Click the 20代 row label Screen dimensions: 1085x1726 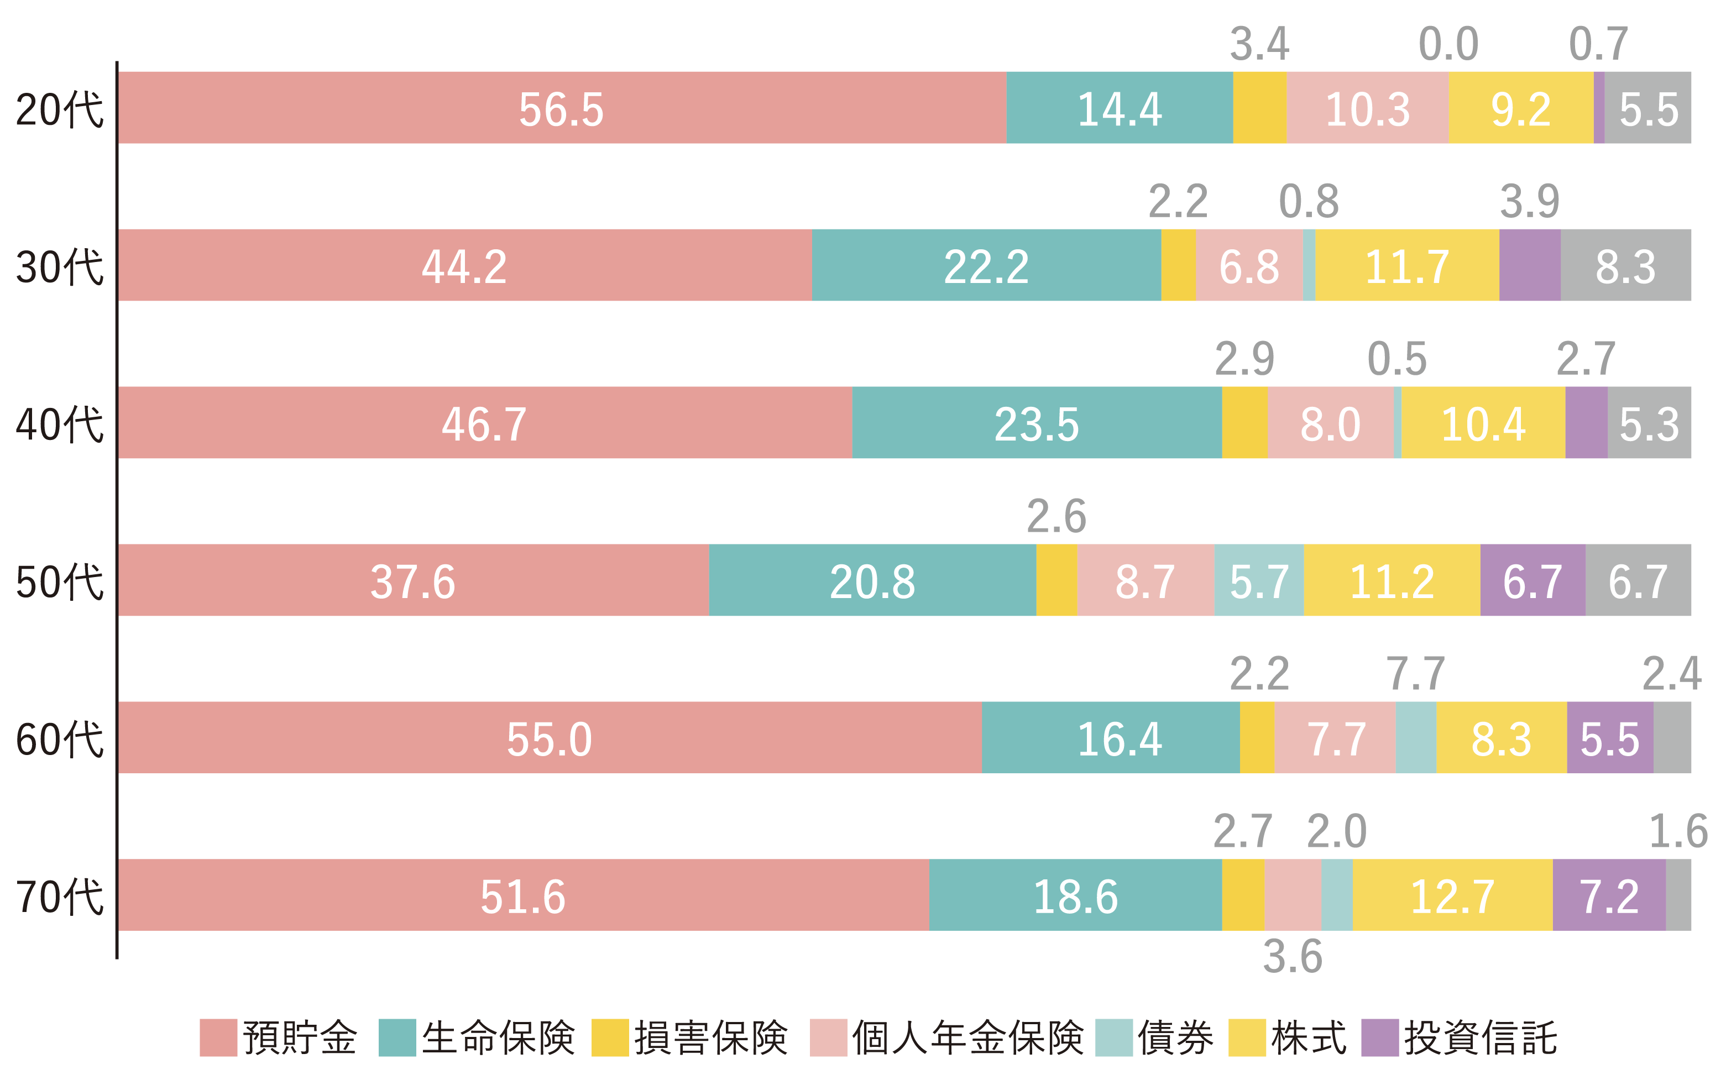tap(60, 109)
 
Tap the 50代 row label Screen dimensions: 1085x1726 tap(60, 581)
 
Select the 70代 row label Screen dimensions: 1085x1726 tap(60, 897)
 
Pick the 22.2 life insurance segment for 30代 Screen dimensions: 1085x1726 tap(986, 265)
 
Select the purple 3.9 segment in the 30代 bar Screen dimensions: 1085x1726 tap(1530, 265)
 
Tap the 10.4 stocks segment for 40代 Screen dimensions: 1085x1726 tap(1483, 423)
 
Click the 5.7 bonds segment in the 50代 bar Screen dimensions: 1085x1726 tap(1259, 580)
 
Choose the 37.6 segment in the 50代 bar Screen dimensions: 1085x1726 tap(413, 580)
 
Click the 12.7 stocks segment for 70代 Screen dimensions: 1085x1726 tap(1452, 895)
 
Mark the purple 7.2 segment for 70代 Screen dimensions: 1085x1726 tap(1609, 895)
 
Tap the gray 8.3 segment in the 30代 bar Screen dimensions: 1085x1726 tap(1625, 265)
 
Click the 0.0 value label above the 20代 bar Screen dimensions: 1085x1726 tap(1448, 44)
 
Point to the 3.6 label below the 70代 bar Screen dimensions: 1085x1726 tap(1293, 957)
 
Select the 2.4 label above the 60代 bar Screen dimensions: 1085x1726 tap(1671, 674)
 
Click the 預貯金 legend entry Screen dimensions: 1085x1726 tap(278, 1037)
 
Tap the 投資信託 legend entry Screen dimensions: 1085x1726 tap(1460, 1037)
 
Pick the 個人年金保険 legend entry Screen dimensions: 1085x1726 tap(946, 1037)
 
